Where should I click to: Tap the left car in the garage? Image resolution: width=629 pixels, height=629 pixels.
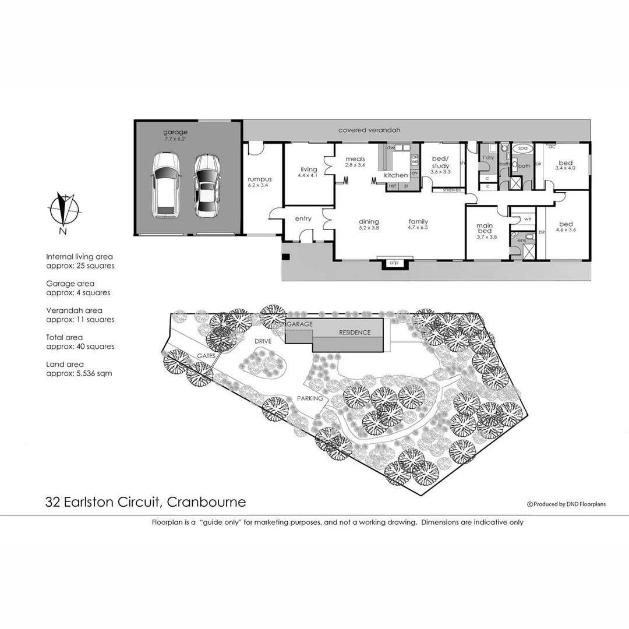coord(166,185)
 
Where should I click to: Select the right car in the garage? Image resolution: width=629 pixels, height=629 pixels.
coord(207,185)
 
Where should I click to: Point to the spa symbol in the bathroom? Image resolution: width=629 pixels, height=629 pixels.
coord(522,149)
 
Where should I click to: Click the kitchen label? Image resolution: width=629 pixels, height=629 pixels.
coord(396,175)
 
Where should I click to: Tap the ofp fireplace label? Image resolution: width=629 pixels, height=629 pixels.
coord(393,263)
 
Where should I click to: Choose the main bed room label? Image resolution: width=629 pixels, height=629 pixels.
coord(485,229)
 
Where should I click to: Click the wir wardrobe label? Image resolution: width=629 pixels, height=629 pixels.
coord(528,218)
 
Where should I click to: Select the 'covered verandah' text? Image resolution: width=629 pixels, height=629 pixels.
coord(370,130)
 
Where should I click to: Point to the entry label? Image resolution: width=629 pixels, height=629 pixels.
coord(303,219)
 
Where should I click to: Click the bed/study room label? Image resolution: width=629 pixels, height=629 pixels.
coord(440,164)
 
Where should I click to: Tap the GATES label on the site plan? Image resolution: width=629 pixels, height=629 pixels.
coord(207,355)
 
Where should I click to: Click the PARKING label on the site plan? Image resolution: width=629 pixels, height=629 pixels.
coord(310,398)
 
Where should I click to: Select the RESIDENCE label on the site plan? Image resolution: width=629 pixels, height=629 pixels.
coord(355,333)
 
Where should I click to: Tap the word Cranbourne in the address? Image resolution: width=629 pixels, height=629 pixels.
coord(209,502)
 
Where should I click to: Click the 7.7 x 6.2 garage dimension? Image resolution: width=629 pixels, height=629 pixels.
coord(175,140)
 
